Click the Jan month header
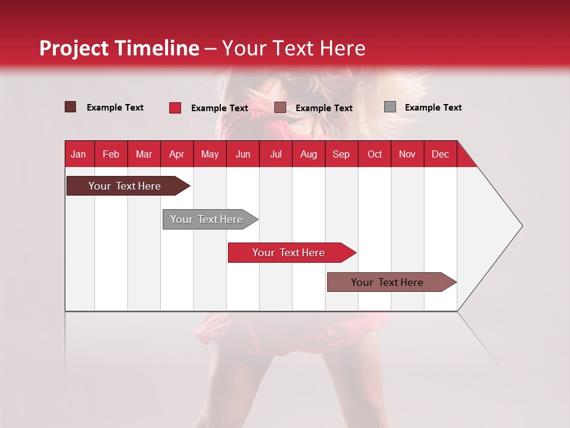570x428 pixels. (x=78, y=154)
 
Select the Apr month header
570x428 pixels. (x=176, y=154)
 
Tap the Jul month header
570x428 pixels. (x=275, y=154)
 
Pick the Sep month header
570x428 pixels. (x=341, y=154)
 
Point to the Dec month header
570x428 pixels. (x=440, y=154)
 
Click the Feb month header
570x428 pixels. (x=111, y=154)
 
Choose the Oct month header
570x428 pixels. (x=375, y=154)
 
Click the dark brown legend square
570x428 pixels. (x=71, y=107)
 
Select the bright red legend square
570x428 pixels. (x=175, y=108)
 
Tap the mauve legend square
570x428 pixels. (x=280, y=108)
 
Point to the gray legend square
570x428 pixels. (x=390, y=107)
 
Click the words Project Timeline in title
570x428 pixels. (x=119, y=48)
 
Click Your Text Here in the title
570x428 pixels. (x=293, y=48)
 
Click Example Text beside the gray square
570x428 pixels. (x=433, y=108)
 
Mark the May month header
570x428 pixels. (x=210, y=154)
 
